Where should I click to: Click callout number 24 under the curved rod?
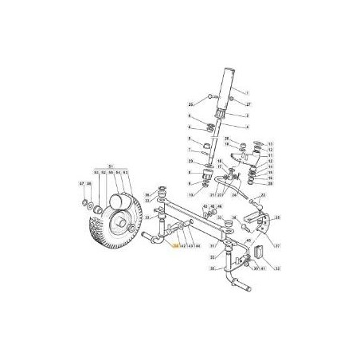click(x=235, y=194)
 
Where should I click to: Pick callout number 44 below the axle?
click(x=197, y=247)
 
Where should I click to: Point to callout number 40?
click(x=249, y=241)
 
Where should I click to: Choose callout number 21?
click(x=213, y=194)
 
